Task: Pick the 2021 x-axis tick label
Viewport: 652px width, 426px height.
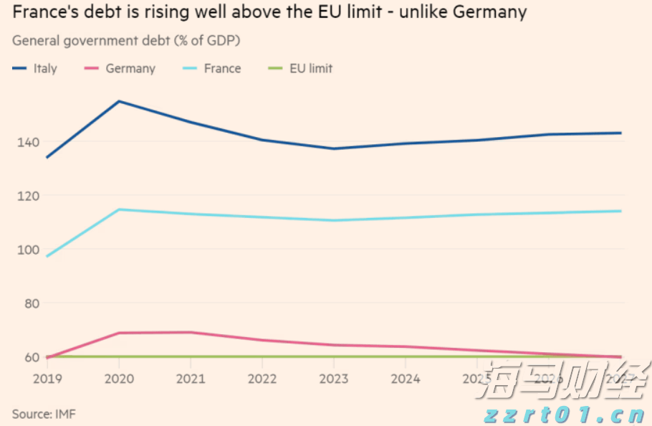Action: [190, 377]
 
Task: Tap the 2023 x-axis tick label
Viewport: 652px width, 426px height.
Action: [334, 377]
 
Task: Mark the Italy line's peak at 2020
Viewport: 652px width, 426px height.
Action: [118, 101]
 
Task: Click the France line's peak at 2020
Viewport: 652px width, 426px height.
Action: [118, 209]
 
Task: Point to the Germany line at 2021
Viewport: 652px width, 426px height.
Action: [190, 332]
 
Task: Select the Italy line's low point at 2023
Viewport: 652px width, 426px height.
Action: [334, 148]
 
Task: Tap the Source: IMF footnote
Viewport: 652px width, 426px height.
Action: [44, 414]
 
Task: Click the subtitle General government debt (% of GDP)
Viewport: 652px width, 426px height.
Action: [126, 41]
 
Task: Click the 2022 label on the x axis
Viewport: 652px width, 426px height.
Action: [262, 377]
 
